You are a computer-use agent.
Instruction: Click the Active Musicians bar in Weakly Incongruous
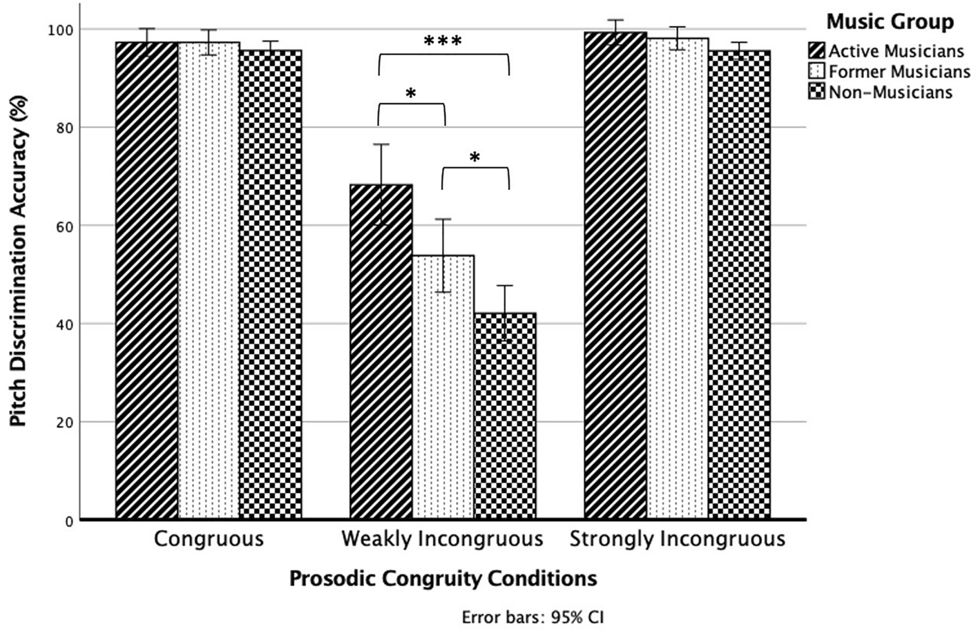point(381,352)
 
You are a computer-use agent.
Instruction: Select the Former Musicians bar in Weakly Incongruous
point(443,387)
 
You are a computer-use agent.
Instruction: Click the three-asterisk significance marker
point(443,42)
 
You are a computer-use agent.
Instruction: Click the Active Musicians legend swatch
point(816,50)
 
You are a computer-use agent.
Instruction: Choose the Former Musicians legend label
point(899,72)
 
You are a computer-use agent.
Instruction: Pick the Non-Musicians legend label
point(890,93)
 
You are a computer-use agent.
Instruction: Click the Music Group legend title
point(890,22)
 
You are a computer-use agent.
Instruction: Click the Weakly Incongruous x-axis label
point(442,539)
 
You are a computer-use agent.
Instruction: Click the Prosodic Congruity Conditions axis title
point(443,579)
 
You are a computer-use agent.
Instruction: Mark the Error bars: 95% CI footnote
point(533,617)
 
